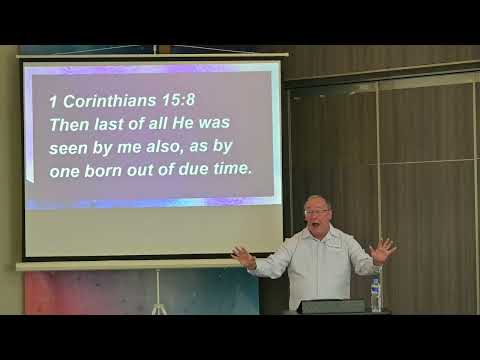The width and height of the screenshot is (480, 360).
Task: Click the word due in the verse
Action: [x=187, y=169]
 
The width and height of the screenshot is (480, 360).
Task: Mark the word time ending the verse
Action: [x=228, y=169]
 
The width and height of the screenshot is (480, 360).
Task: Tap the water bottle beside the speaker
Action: [x=376, y=294]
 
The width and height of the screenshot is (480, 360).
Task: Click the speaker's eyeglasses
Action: [x=317, y=212]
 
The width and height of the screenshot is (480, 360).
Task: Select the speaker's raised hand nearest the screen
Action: [x=243, y=257]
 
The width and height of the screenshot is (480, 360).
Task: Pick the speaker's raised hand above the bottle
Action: [x=382, y=249]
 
